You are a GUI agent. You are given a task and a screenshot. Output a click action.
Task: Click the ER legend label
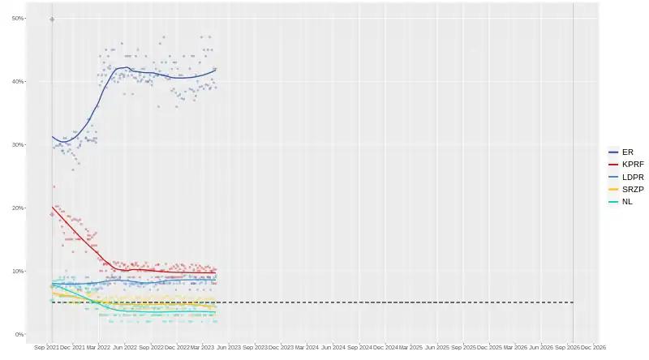tap(627, 152)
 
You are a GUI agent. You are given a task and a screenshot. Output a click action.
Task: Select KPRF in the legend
tap(633, 165)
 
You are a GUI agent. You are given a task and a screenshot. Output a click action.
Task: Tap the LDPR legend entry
tap(633, 177)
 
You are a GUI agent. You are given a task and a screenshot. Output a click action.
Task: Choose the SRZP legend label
tap(633, 189)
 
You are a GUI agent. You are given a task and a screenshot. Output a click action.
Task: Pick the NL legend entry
tap(627, 201)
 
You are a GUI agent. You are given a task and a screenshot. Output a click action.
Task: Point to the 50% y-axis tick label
tap(17, 18)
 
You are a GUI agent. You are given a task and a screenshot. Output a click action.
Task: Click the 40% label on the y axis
tap(17, 81)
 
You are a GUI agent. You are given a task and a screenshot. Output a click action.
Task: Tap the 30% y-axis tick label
tap(17, 144)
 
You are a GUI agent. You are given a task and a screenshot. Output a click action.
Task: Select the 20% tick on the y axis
tap(17, 208)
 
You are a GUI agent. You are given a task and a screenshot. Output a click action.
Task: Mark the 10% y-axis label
tap(17, 271)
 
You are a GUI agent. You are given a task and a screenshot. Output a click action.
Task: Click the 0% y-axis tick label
tap(19, 334)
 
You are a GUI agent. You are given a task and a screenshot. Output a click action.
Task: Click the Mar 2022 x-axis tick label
tap(98, 348)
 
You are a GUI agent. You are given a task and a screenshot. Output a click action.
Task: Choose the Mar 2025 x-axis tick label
tap(411, 348)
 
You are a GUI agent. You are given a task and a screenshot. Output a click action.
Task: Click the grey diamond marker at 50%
tap(52, 19)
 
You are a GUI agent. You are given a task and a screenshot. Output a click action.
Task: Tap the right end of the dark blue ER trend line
tap(216, 70)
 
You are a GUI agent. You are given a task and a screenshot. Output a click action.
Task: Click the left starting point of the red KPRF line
tap(52, 207)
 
